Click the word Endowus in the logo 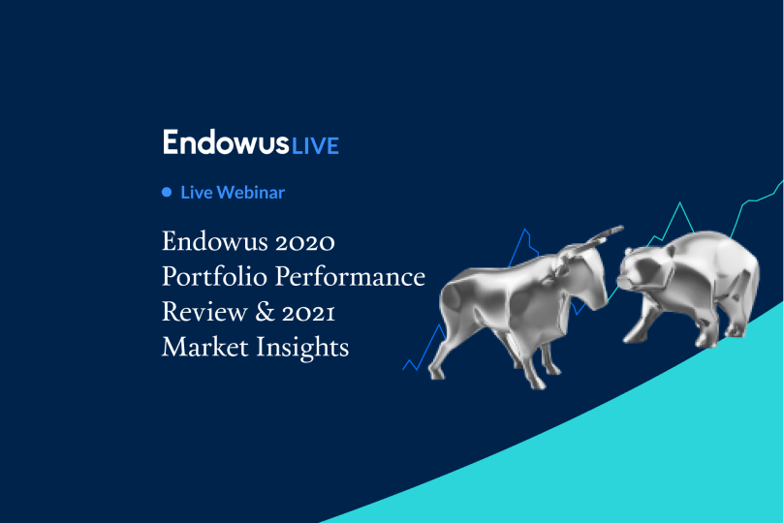[x=225, y=142]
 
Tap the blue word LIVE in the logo [x=315, y=146]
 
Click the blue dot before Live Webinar [x=167, y=192]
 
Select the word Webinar [x=251, y=192]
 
